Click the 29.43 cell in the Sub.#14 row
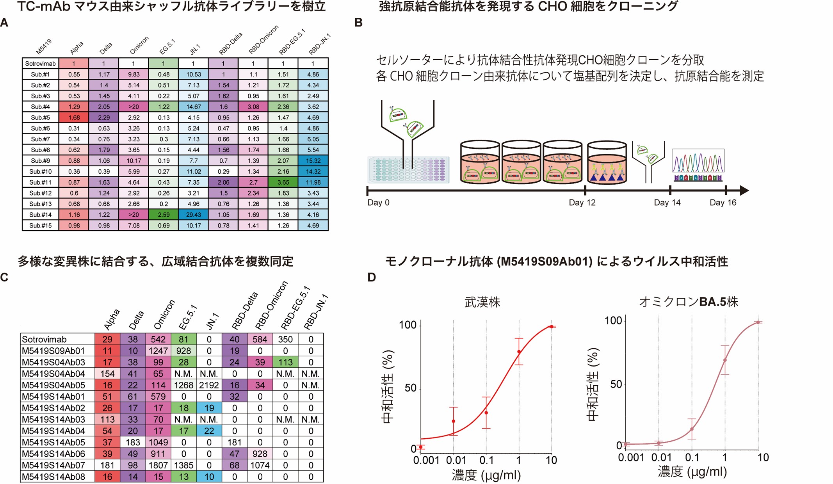pyautogui.click(x=193, y=215)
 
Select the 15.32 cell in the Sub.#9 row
pyautogui.click(x=313, y=160)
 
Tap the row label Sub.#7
pyautogui.click(x=40, y=139)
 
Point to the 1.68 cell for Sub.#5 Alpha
pyautogui.click(x=74, y=117)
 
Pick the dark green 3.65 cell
pyautogui.click(x=283, y=182)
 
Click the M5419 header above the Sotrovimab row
pyautogui.click(x=43, y=47)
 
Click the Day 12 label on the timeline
pyautogui.click(x=582, y=203)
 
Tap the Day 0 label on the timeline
pyautogui.click(x=378, y=203)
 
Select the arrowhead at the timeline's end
pyautogui.click(x=744, y=190)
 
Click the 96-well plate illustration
pyautogui.click(x=408, y=169)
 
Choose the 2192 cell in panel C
pyautogui.click(x=209, y=385)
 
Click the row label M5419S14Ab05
pyautogui.click(x=53, y=442)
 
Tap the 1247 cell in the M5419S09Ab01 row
pyautogui.click(x=158, y=351)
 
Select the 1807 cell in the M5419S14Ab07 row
pyautogui.click(x=158, y=465)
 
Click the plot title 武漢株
pyautogui.click(x=482, y=302)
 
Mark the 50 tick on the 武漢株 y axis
pyautogui.click(x=410, y=388)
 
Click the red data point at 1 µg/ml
pyautogui.click(x=519, y=352)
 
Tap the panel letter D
pyautogui.click(x=372, y=278)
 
